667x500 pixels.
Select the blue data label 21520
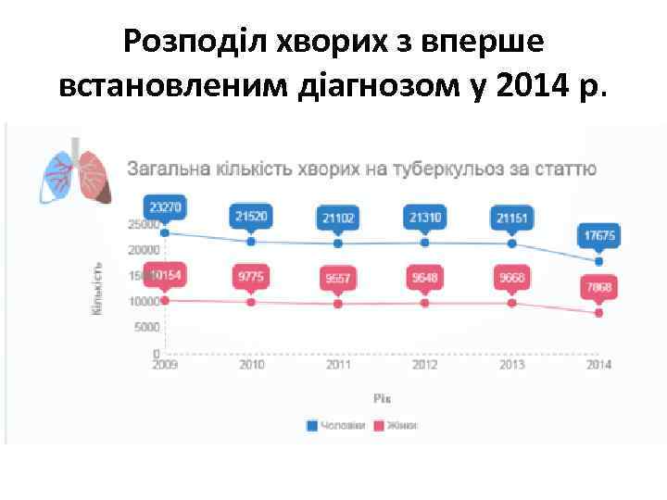tap(251, 216)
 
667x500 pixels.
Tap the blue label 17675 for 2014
tap(598, 236)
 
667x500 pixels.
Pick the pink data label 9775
tap(251, 276)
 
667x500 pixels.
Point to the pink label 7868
tap(598, 288)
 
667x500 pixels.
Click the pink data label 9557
tap(338, 278)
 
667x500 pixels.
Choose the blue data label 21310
tap(424, 216)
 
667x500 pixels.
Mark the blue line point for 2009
tap(165, 232)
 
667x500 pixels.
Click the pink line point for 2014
tap(598, 313)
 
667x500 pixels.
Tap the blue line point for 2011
tap(338, 244)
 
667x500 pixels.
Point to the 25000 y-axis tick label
tap(141, 224)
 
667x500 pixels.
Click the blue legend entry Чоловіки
tap(336, 425)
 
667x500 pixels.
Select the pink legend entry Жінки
tap(396, 425)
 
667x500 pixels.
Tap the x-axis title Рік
tap(382, 398)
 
